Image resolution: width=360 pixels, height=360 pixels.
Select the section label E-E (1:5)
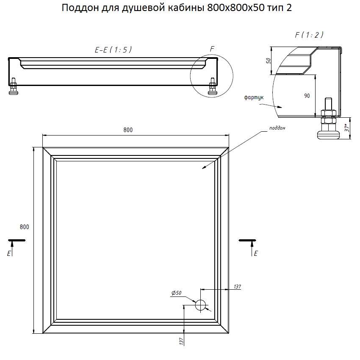coord(113,50)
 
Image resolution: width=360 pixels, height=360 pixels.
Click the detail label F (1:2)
coord(309,35)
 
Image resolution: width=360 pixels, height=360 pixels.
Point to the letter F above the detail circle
coord(212,49)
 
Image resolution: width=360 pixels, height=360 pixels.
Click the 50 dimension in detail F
coord(269,61)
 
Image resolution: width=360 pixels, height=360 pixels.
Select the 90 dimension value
coord(307,96)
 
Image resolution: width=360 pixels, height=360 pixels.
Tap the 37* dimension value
coord(347,127)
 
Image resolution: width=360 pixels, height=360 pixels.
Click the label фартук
coord(254,97)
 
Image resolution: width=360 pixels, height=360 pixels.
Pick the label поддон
coord(277,128)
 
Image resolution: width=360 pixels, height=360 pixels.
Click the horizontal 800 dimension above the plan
coord(128,130)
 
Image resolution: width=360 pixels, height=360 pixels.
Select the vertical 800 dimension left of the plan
coord(24,227)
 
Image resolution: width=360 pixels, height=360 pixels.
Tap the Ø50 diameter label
coord(176,293)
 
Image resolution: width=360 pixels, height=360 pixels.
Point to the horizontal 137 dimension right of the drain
coord(238,287)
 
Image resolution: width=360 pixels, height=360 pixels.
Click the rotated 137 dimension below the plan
coord(181,341)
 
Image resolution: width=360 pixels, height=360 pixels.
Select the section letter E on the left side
coord(9,253)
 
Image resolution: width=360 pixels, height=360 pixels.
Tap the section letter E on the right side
coord(256,253)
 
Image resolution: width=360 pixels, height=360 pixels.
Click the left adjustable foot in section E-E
coord(13,86)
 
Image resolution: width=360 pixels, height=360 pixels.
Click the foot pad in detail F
coord(328,135)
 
